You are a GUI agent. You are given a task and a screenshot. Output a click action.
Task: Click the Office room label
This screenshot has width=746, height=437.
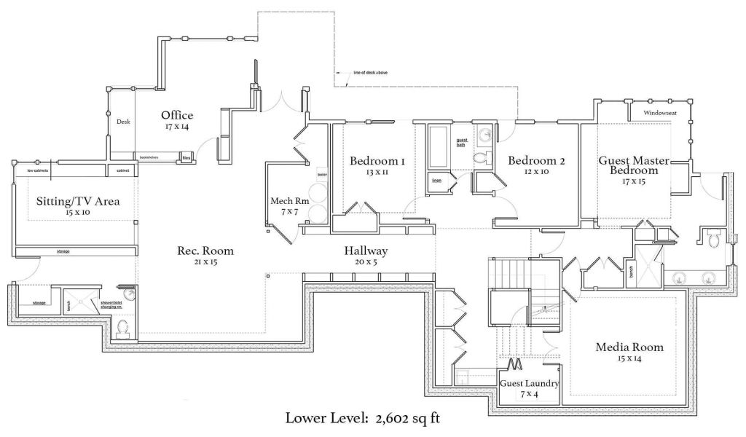[x=177, y=115]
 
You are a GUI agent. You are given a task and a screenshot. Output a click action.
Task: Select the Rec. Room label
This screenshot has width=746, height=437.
[x=205, y=251]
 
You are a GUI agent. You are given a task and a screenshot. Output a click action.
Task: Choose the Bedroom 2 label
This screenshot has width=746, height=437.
[x=537, y=160]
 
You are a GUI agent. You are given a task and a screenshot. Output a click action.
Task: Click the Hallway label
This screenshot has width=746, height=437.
[x=366, y=251]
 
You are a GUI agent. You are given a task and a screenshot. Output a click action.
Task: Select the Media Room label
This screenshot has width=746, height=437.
[x=629, y=347]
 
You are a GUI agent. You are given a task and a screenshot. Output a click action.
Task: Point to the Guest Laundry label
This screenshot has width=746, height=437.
[x=529, y=383]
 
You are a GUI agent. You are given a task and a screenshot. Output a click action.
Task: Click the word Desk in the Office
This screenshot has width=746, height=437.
[x=122, y=122]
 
